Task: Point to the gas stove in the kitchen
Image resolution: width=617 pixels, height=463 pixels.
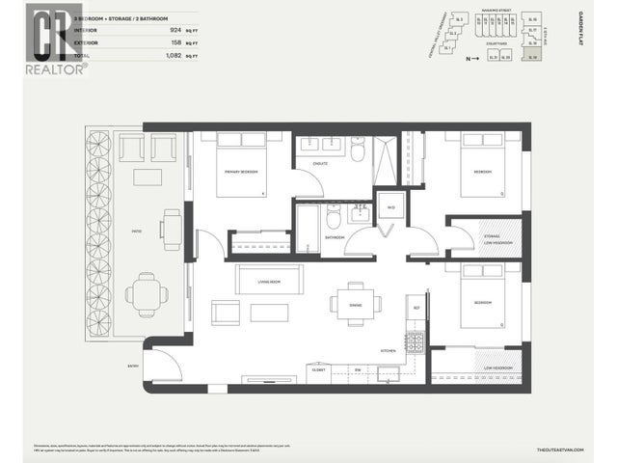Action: point(415,341)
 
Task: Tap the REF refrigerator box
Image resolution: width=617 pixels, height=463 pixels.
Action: point(416,309)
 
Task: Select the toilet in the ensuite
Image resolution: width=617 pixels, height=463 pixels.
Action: point(357,150)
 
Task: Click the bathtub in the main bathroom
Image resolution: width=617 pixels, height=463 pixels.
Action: point(308,230)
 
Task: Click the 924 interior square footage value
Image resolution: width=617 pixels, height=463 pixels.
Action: point(176,29)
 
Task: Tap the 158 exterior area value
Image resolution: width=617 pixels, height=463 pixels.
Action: point(176,42)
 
